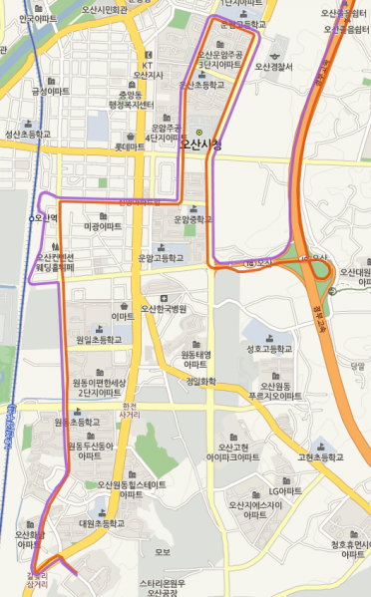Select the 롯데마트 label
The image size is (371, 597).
tap(131, 148)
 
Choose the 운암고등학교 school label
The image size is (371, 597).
tap(161, 257)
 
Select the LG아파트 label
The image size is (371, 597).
tap(285, 492)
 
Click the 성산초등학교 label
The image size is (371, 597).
tap(28, 133)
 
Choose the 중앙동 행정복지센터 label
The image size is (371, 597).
tap(130, 101)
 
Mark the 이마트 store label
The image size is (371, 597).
tap(123, 316)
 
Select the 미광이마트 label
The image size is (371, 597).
tap(103, 227)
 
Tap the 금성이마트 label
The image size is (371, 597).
tap(51, 91)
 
